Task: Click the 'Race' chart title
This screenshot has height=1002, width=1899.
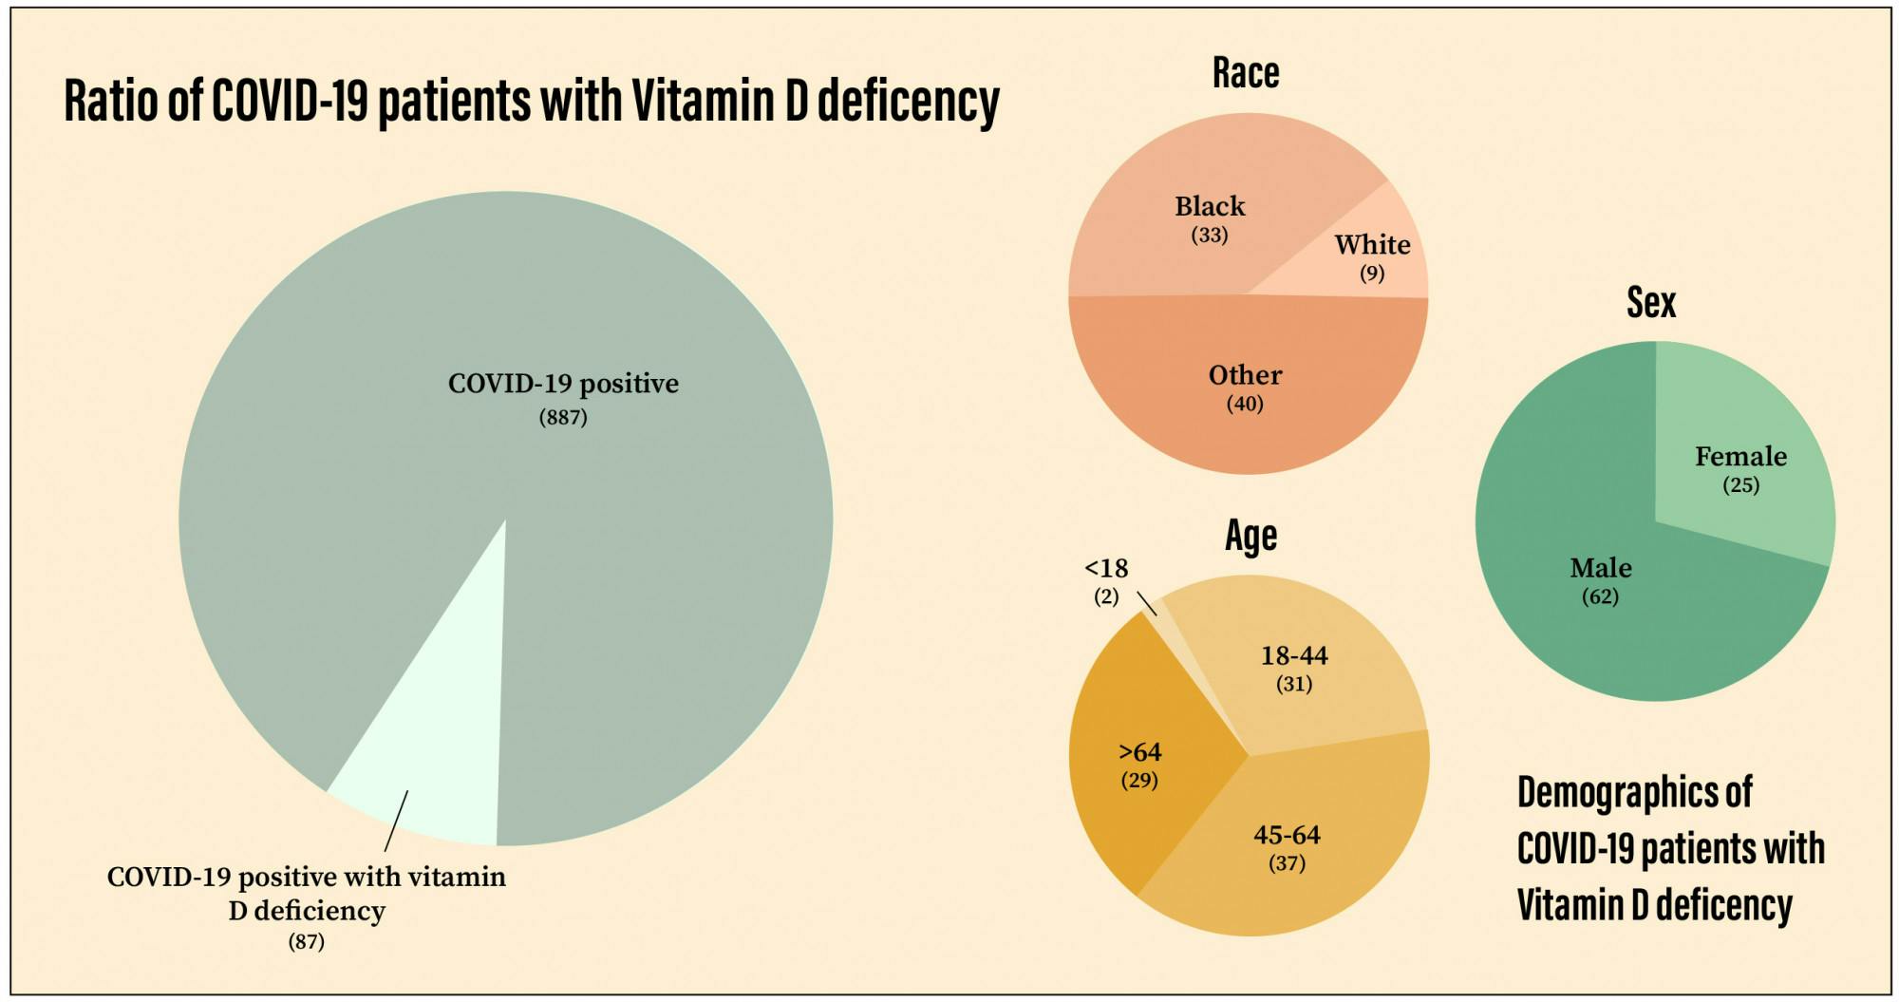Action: click(x=1246, y=73)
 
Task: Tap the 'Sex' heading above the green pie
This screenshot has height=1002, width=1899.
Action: click(x=1651, y=303)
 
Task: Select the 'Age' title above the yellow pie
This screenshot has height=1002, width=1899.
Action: click(x=1250, y=536)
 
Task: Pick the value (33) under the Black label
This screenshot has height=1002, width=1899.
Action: click(x=1210, y=235)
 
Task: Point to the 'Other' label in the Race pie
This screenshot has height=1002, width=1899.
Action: click(x=1245, y=375)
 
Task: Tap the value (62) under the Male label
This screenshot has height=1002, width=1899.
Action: click(x=1600, y=596)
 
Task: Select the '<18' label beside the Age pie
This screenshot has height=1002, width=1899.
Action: click(x=1106, y=568)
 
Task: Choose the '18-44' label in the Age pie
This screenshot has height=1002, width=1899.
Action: click(x=1294, y=655)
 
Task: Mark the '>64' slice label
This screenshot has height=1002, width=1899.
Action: click(x=1139, y=752)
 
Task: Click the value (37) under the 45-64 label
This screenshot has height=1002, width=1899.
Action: click(x=1287, y=863)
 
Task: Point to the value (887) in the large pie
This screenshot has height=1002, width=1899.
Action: click(x=563, y=417)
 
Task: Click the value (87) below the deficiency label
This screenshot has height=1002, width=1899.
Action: click(x=306, y=942)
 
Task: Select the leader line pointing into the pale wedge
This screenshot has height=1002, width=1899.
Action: click(x=396, y=822)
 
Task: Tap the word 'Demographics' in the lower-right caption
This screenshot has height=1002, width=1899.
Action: click(x=1633, y=793)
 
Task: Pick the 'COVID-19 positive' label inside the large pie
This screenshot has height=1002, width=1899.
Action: click(x=563, y=384)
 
